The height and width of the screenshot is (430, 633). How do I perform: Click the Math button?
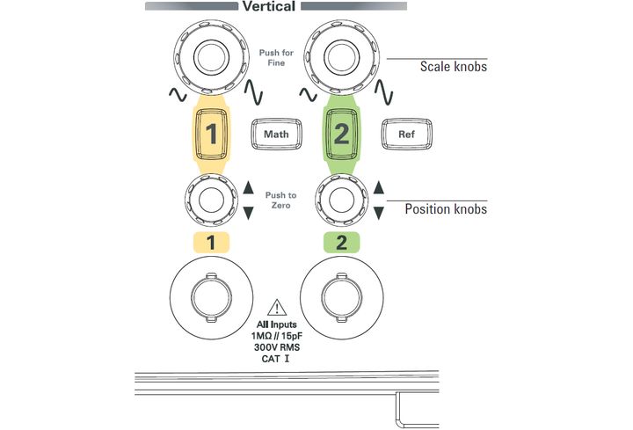tap(276, 134)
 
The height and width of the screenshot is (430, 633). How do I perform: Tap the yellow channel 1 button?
tap(211, 134)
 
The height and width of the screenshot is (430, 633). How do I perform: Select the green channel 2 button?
tap(341, 134)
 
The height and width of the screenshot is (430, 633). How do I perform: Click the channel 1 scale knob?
tap(211, 57)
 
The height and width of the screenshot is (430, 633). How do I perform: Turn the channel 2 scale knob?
tap(341, 57)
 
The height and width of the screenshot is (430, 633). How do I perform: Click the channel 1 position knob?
tap(211, 200)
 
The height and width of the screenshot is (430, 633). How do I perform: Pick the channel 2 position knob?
tap(341, 200)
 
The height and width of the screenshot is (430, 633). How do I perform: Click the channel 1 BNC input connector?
tap(211, 298)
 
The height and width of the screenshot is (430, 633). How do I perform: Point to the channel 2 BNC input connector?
tap(341, 298)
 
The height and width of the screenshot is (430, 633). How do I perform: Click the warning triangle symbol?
tap(277, 308)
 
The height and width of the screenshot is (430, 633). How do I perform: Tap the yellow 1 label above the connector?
tap(211, 243)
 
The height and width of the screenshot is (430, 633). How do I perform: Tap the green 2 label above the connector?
tap(341, 243)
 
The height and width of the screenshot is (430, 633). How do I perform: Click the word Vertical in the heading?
tap(269, 6)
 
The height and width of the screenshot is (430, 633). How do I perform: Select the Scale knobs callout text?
tap(454, 67)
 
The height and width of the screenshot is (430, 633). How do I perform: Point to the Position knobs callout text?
tap(446, 209)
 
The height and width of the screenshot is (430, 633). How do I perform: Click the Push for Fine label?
tap(277, 58)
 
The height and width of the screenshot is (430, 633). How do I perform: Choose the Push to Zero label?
tap(281, 200)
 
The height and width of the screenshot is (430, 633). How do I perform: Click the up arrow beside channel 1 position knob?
tap(248, 187)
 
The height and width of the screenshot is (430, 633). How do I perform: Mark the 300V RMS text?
tap(277, 347)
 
